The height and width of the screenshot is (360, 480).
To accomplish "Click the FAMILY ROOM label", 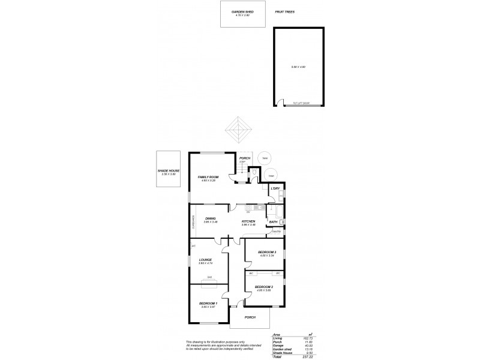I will coord(208,177).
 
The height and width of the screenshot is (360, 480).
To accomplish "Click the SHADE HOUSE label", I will coord(169,170).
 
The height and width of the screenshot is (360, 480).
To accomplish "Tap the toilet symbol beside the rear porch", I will coord(255,174).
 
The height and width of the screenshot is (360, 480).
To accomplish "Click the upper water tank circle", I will coord(263,159).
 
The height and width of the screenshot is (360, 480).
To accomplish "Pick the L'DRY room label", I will coord(275,188).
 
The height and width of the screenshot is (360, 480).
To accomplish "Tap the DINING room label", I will coord(210,218).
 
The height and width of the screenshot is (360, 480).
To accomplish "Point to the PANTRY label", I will coord(276,232).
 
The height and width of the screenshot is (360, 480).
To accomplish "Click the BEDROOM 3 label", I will coord(266,252).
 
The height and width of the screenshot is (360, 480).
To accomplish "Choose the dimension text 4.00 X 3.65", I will coord(263,290).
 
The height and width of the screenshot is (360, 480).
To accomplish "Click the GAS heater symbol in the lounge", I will coord(209,280).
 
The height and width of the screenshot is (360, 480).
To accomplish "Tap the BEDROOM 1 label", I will coord(208,304).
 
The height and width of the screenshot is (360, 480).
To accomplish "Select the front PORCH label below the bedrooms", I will coord(250,317).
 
